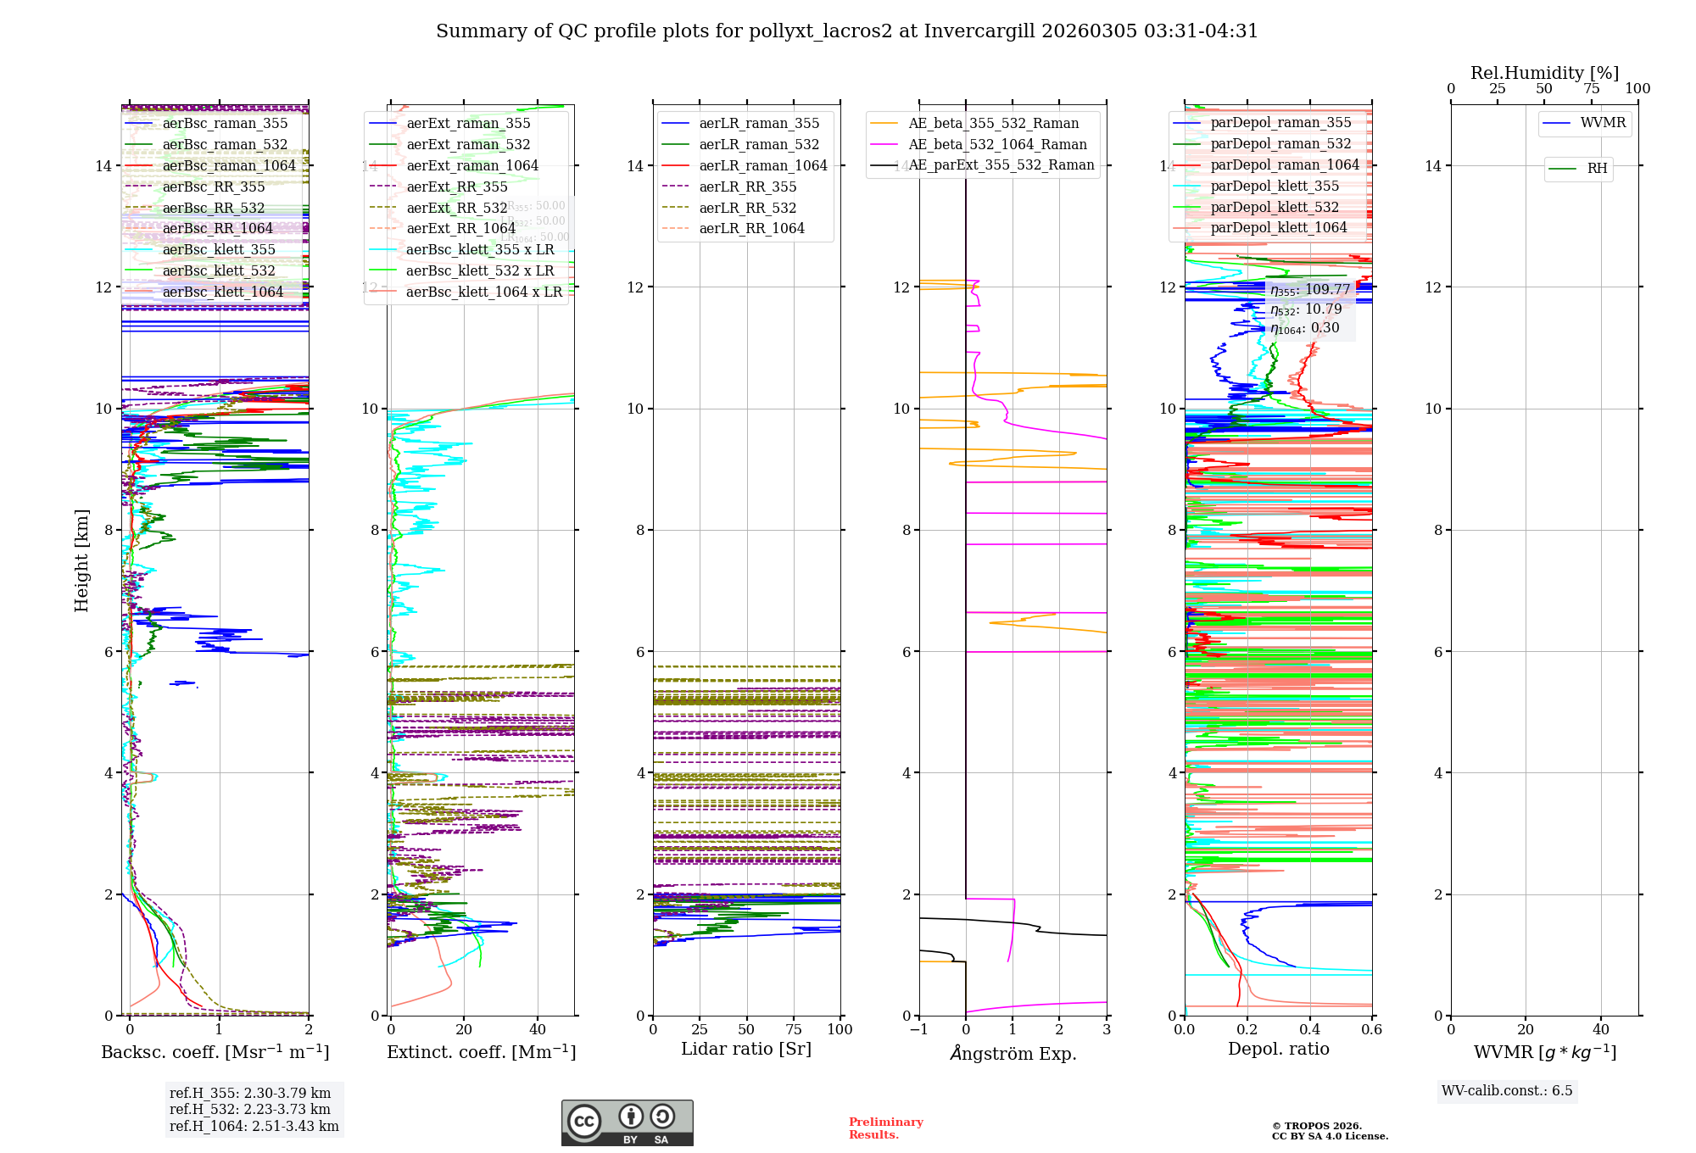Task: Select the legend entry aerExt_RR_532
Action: (456, 208)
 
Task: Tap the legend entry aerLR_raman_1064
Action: (762, 165)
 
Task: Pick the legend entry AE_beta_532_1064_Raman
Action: (997, 144)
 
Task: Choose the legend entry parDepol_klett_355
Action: (1275, 186)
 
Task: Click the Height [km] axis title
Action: (81, 560)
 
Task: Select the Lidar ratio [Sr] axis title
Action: (746, 1049)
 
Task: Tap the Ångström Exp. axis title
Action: (1013, 1053)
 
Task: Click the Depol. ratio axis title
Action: (1278, 1049)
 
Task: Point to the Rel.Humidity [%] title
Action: (1544, 73)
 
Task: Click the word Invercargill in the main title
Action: (979, 31)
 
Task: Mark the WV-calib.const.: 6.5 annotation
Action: (1507, 1090)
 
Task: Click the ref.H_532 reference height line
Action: (250, 1109)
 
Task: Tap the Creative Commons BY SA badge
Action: (627, 1122)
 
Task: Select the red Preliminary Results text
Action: (885, 1128)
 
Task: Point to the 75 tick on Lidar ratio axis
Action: (794, 1029)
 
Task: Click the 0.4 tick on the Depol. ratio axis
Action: (1309, 1029)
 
